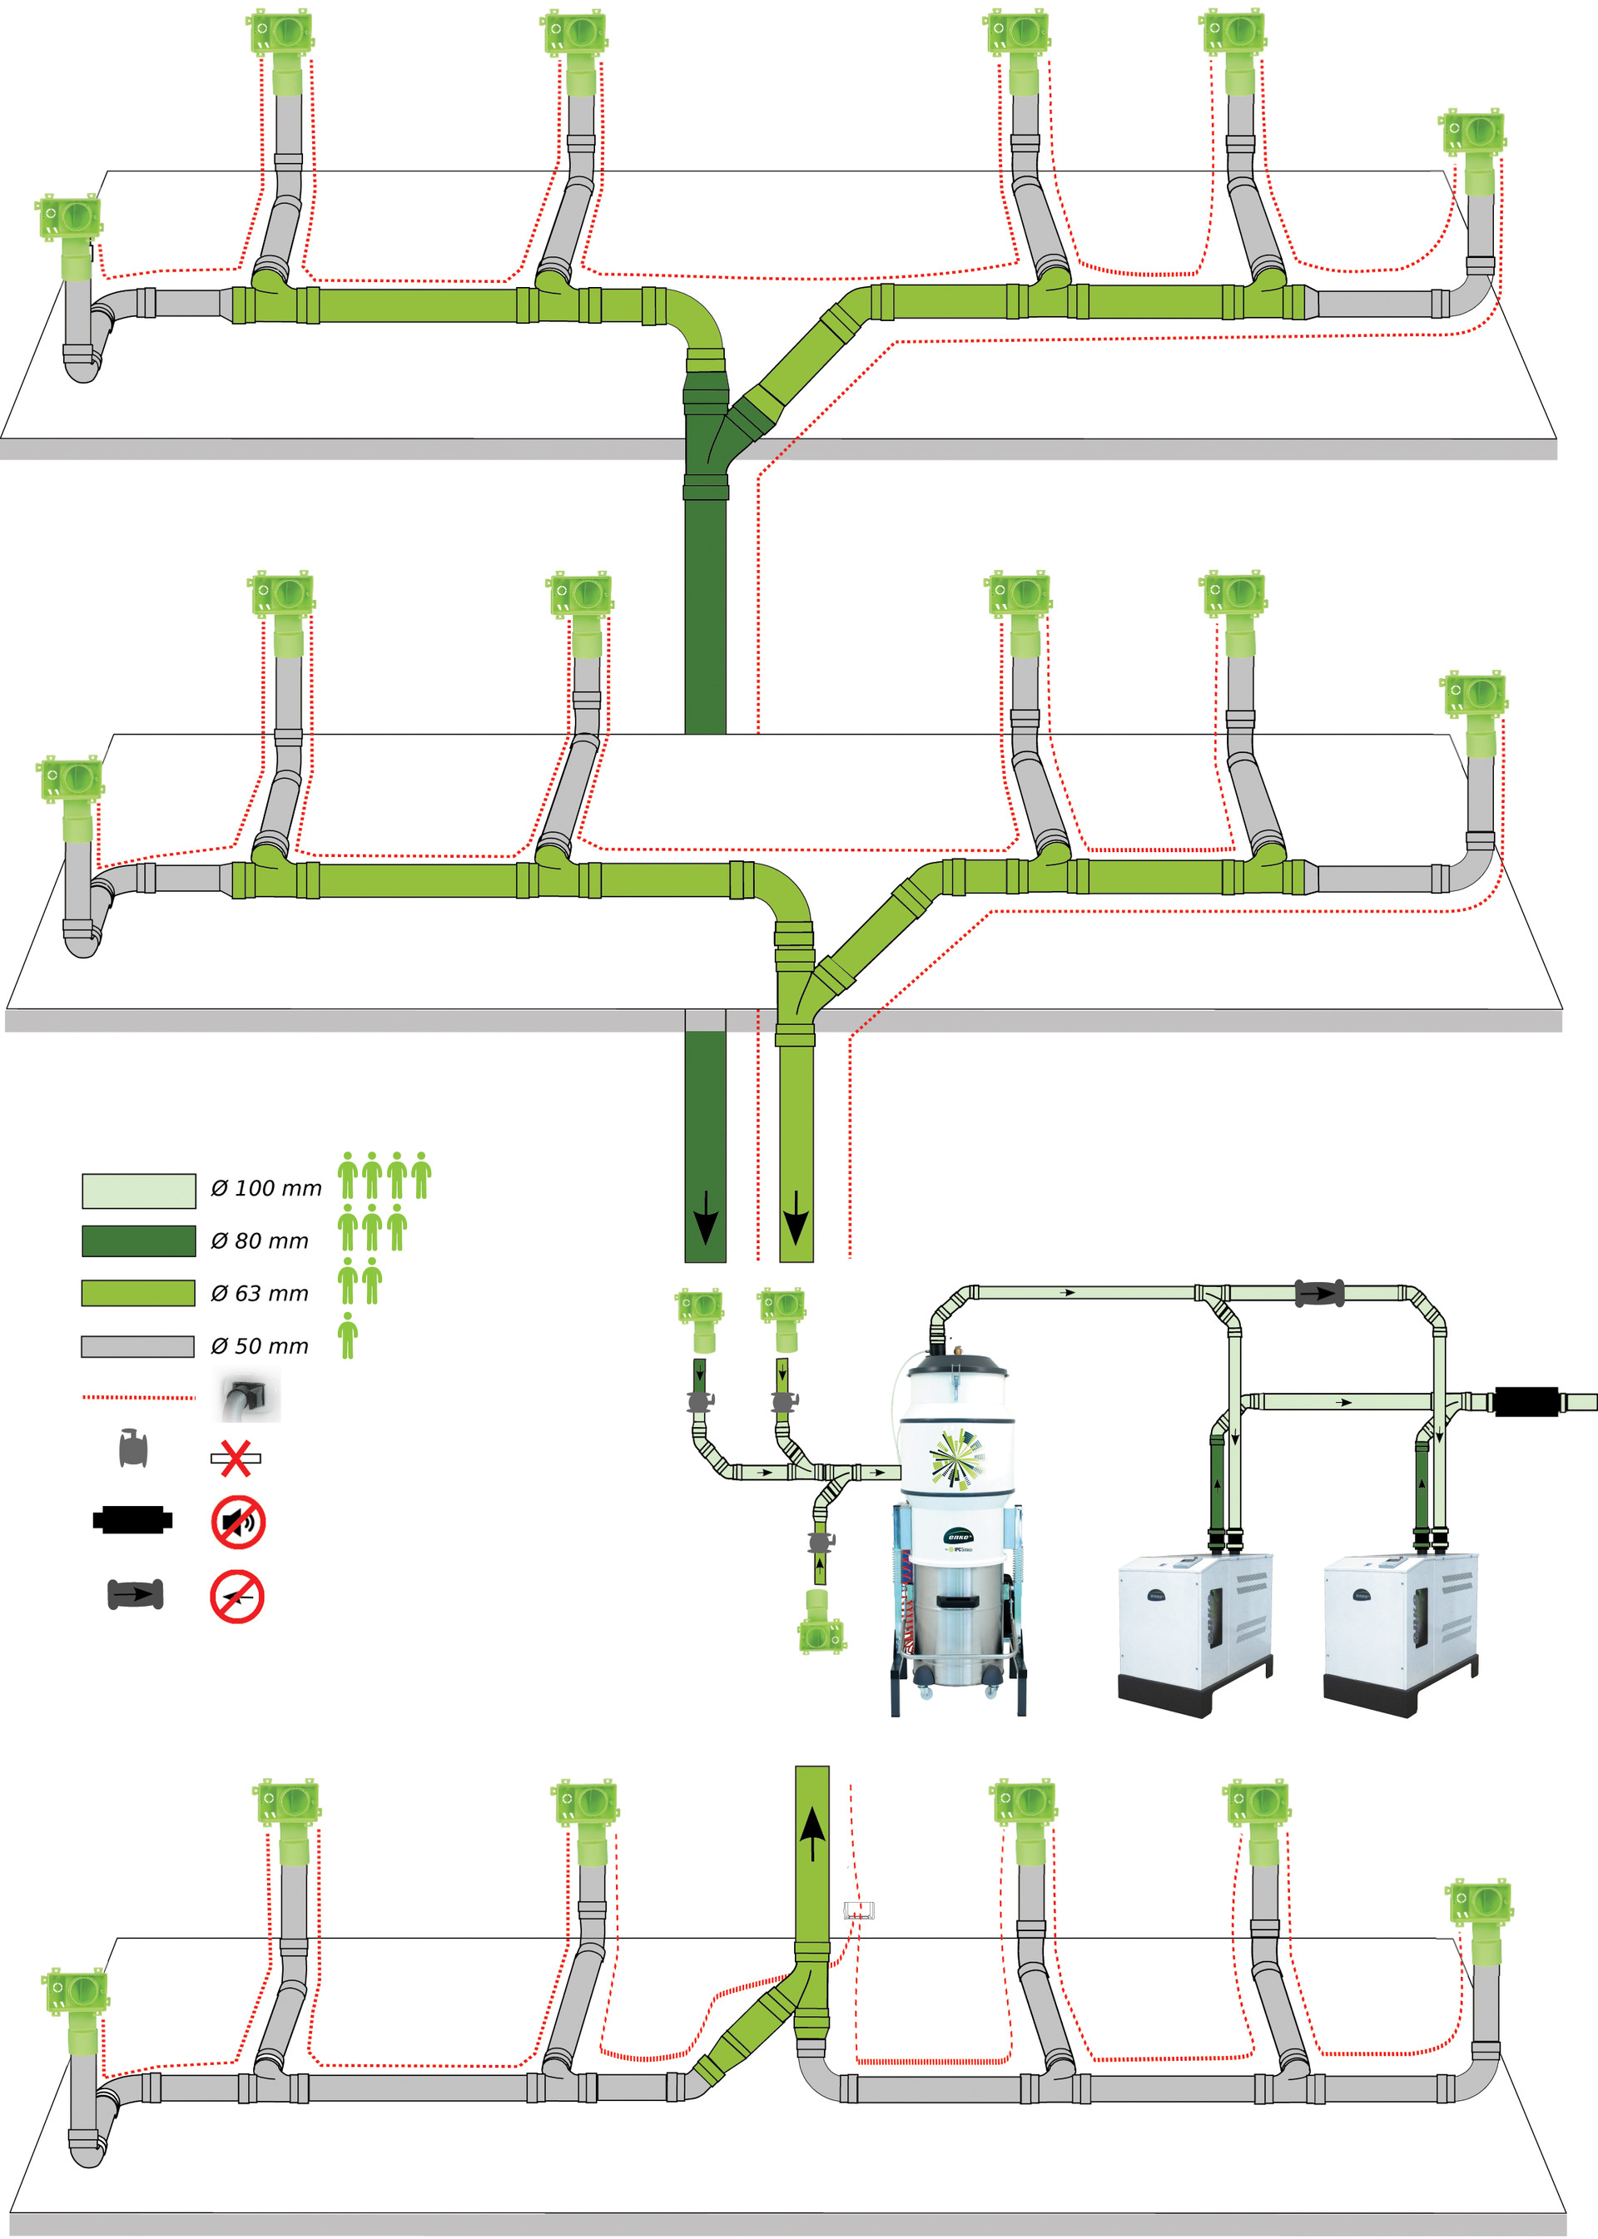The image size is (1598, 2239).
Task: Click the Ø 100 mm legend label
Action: click(x=266, y=1188)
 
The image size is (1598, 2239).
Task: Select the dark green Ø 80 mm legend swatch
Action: click(x=138, y=1241)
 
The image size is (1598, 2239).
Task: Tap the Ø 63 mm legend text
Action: click(x=260, y=1294)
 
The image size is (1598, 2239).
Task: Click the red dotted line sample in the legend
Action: click(x=138, y=1397)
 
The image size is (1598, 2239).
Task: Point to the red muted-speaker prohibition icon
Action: click(x=238, y=1522)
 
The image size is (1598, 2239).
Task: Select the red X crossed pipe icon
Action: click(x=236, y=1458)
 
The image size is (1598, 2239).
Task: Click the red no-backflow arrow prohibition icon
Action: click(x=237, y=1596)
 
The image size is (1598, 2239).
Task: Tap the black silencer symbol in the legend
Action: click(x=133, y=1520)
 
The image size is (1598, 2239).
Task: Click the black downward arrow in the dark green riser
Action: click(x=706, y=1218)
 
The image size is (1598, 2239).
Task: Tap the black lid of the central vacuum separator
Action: click(x=957, y=1365)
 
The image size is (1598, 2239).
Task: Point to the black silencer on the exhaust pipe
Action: click(x=1526, y=1401)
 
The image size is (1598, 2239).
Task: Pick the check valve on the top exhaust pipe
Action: click(x=1318, y=1293)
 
